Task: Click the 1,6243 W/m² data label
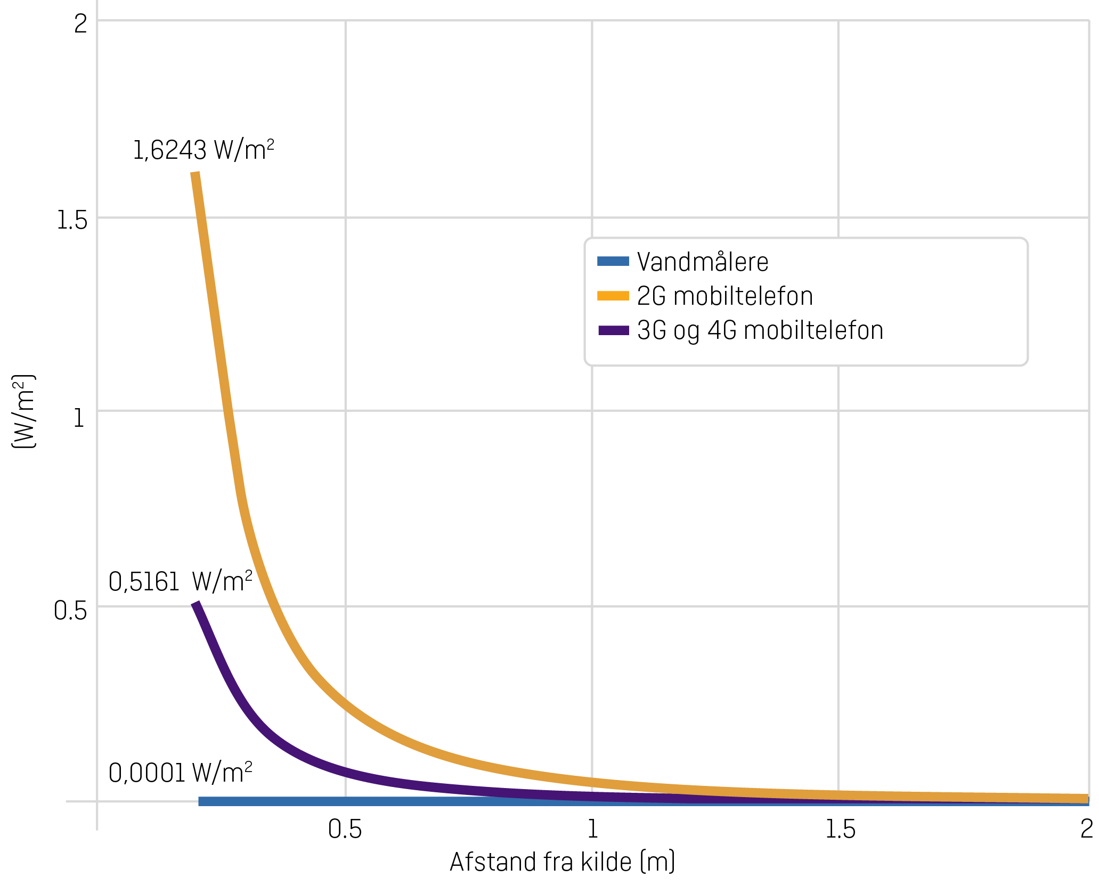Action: coord(203,150)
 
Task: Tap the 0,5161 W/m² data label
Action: coord(180,581)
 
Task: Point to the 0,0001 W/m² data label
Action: coord(180,773)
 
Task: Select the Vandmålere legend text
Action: coord(702,262)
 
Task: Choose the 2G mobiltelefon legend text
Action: coord(724,296)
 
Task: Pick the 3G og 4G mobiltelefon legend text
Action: coord(760,330)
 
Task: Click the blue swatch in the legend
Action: coord(613,261)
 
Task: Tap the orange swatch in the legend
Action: coord(613,296)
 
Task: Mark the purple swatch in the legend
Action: coord(613,330)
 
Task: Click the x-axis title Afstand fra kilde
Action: coord(562,862)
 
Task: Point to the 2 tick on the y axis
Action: coord(80,24)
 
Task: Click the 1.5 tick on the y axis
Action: coord(71,220)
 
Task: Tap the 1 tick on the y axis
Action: coord(79,418)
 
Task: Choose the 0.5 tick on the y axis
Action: coord(70,611)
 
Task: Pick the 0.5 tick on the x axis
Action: coord(345,829)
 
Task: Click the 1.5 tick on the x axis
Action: coord(840,829)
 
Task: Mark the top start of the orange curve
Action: coord(196,174)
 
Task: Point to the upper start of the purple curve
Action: coord(196,605)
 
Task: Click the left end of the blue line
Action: coord(200,801)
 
